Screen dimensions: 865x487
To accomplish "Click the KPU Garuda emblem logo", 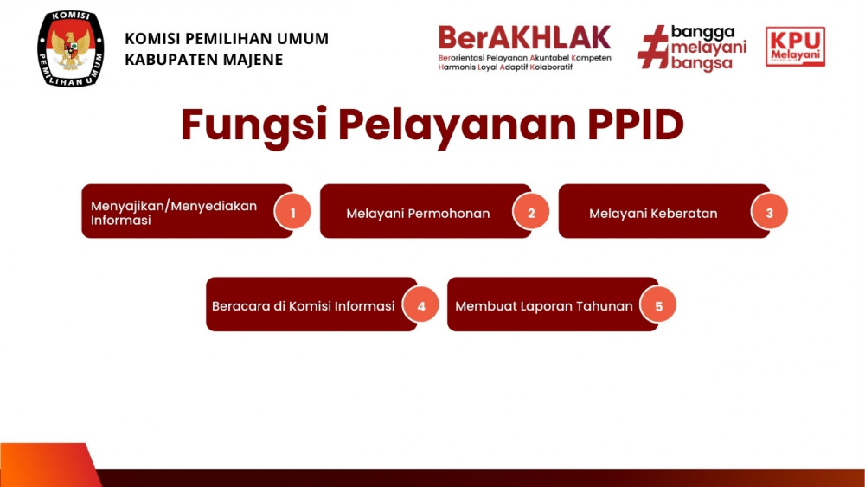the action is click(x=71, y=48).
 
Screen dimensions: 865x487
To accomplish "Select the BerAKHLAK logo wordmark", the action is click(x=524, y=38).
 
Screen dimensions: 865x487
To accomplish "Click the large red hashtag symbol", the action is click(x=652, y=47).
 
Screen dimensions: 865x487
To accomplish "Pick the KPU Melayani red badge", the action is click(x=795, y=47).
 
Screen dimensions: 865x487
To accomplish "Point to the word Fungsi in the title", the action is click(x=254, y=125).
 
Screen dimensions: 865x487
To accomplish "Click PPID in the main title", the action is click(x=636, y=125).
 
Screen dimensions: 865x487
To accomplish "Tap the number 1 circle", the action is click(x=292, y=212).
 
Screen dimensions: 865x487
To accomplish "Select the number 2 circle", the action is click(x=531, y=212).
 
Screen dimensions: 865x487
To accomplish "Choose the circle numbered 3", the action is click(x=769, y=212).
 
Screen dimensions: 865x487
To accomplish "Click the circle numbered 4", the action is click(x=421, y=305).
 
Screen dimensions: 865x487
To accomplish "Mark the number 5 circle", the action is click(x=658, y=305).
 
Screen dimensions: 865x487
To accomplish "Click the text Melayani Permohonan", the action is click(x=418, y=214).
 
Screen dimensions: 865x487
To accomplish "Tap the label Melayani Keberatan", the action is click(x=653, y=214).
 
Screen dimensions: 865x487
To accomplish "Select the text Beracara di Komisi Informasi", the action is click(x=304, y=306).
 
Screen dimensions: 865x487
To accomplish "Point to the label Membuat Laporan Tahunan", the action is click(x=544, y=306).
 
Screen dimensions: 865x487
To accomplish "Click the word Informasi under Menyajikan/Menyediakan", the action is click(x=121, y=220).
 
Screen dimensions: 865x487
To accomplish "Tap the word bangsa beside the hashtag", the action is click(x=702, y=63).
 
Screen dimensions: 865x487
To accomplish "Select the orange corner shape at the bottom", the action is click(x=48, y=465).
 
